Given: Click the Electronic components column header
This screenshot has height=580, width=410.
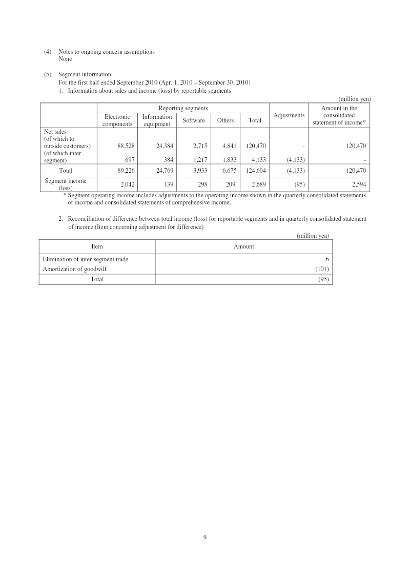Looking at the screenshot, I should point(117,120).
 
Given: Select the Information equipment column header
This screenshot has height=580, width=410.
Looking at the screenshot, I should point(157,120).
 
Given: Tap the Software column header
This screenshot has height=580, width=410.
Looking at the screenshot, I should point(194,120).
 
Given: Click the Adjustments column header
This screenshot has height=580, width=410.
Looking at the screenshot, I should point(289,115).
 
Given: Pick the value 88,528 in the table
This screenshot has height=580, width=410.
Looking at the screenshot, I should point(126,146).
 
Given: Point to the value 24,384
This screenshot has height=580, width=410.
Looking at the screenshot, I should point(165,146).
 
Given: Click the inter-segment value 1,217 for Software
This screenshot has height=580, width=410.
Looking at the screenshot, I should point(200,160).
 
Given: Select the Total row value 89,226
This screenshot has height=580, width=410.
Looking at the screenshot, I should point(126,171).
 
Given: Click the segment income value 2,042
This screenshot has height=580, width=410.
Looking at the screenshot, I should point(127,184).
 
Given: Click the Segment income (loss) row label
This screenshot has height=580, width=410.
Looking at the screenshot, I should point(66,184).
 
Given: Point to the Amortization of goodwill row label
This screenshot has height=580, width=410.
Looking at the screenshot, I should point(74,269).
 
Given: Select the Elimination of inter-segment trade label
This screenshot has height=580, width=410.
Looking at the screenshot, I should point(86,259).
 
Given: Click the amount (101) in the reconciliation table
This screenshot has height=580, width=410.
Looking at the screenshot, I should point(322,269).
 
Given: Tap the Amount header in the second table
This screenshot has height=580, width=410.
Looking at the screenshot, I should point(244,246).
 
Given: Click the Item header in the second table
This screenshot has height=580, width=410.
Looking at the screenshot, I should point(97,246).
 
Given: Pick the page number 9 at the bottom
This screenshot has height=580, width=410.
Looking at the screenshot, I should point(204,537).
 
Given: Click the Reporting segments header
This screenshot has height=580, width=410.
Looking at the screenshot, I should point(183,108).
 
